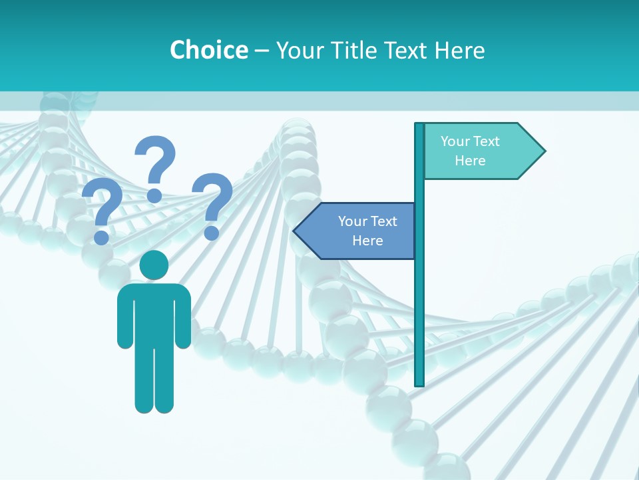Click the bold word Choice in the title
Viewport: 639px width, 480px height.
pos(208,50)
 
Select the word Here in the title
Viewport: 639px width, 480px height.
pos(459,50)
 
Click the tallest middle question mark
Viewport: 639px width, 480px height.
pos(155,167)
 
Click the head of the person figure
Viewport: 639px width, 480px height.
pos(154,265)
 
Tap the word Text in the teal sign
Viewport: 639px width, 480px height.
pos(487,141)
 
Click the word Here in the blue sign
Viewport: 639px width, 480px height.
pos(367,241)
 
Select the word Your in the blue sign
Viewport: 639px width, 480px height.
pos(352,221)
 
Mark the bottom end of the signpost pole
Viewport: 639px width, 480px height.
pos(419,383)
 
